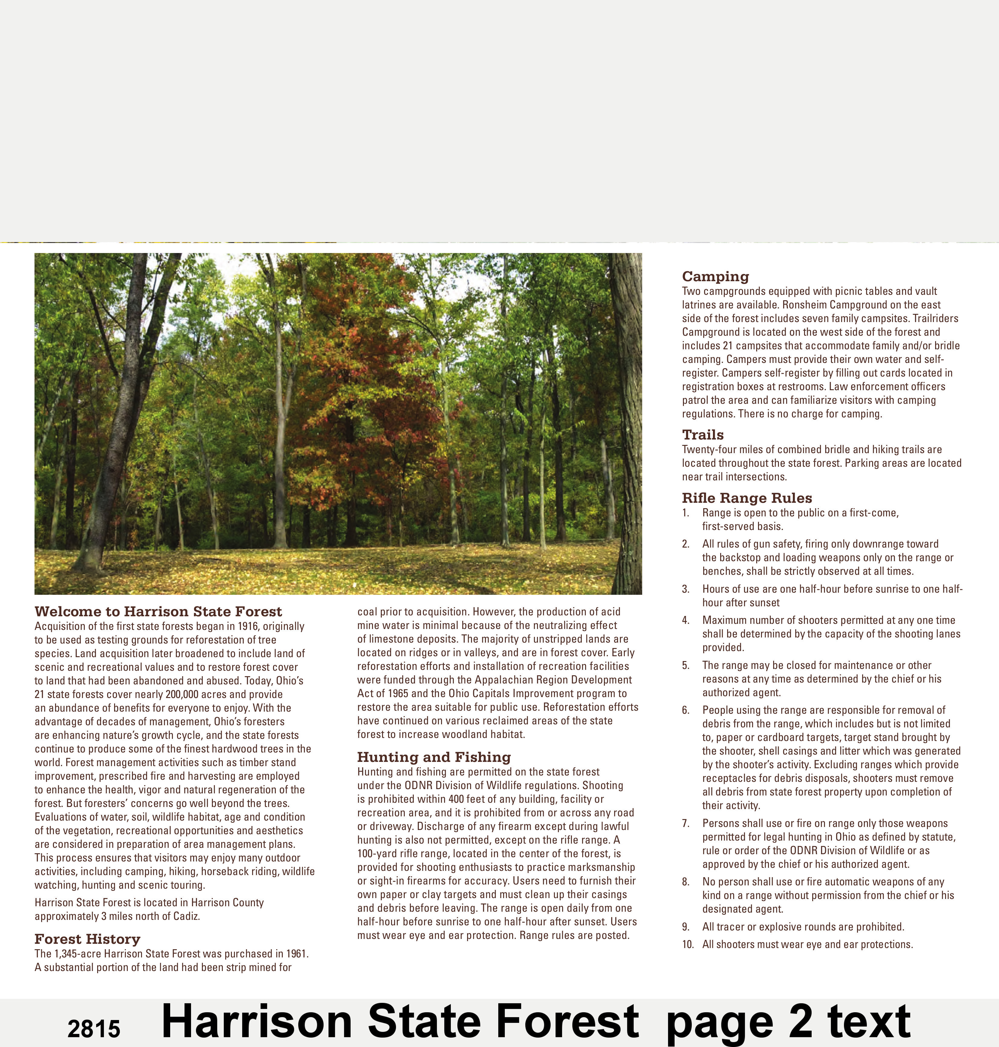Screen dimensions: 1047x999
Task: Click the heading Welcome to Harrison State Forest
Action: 158,611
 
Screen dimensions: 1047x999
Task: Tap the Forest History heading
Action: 87,939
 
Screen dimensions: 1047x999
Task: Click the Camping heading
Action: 715,276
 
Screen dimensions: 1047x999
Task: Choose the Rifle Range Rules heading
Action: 747,498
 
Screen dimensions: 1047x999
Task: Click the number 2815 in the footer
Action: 94,1029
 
